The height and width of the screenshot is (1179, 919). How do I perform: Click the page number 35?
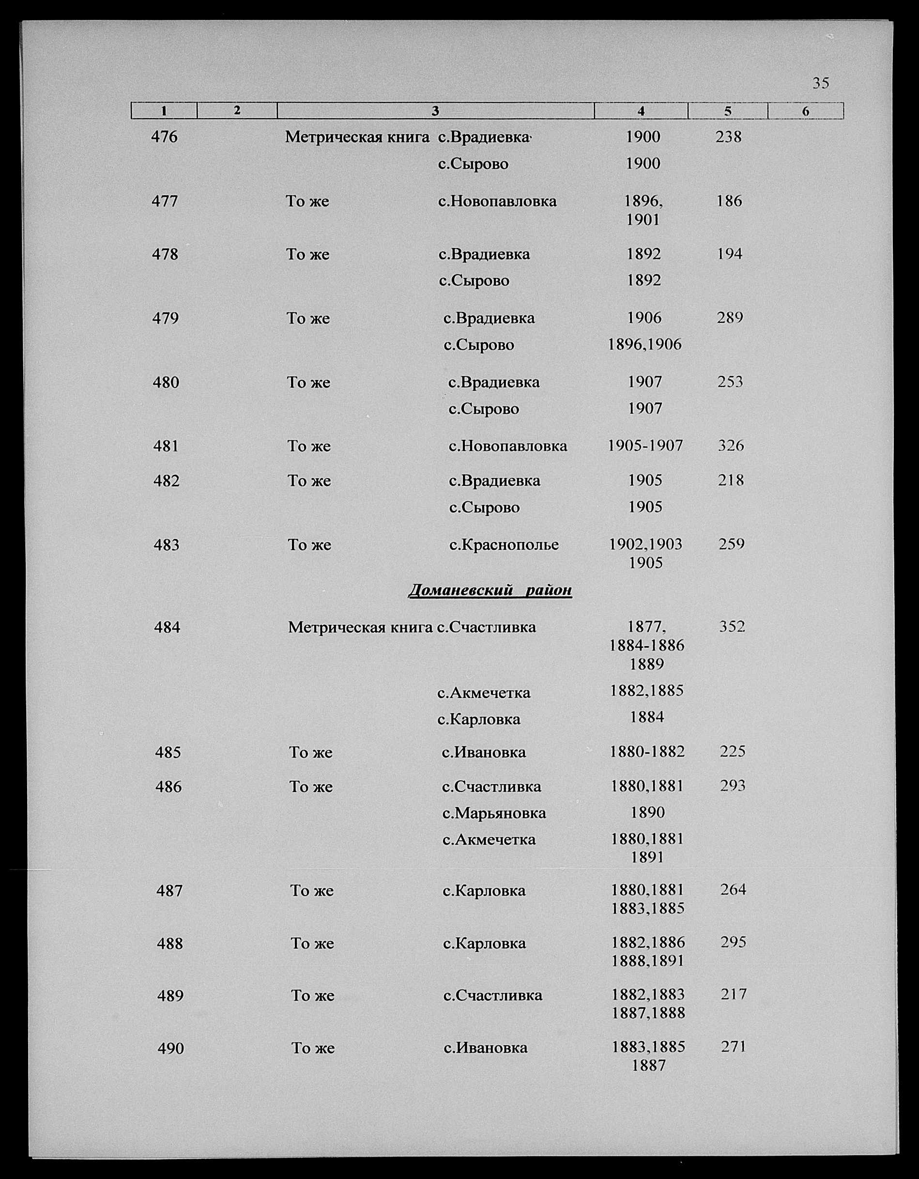pos(820,83)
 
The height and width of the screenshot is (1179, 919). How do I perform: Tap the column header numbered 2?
pos(237,110)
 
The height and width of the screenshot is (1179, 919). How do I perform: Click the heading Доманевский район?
pos(490,589)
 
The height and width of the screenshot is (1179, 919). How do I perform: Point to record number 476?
pos(164,137)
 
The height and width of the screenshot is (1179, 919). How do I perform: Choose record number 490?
pos(170,1049)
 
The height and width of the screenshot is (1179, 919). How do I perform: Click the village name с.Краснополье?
pos(504,544)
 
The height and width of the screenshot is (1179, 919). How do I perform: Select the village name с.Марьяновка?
pos(494,813)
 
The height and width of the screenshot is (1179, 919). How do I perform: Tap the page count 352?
pos(732,627)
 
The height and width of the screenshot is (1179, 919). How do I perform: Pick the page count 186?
pos(729,202)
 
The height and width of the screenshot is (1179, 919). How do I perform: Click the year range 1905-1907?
pos(645,446)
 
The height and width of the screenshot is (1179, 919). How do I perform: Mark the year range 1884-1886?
pos(646,646)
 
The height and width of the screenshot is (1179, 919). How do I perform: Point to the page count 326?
pos(731,446)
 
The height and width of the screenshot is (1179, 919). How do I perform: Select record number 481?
pos(166,447)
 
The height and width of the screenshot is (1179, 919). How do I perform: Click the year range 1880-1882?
pos(647,751)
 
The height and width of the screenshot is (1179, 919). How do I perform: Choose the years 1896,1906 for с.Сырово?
pos(644,344)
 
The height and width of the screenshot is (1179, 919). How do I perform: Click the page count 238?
pos(729,137)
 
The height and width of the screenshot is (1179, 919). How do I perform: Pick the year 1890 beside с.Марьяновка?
pos(647,812)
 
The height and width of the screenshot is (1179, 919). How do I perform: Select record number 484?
pos(167,627)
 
